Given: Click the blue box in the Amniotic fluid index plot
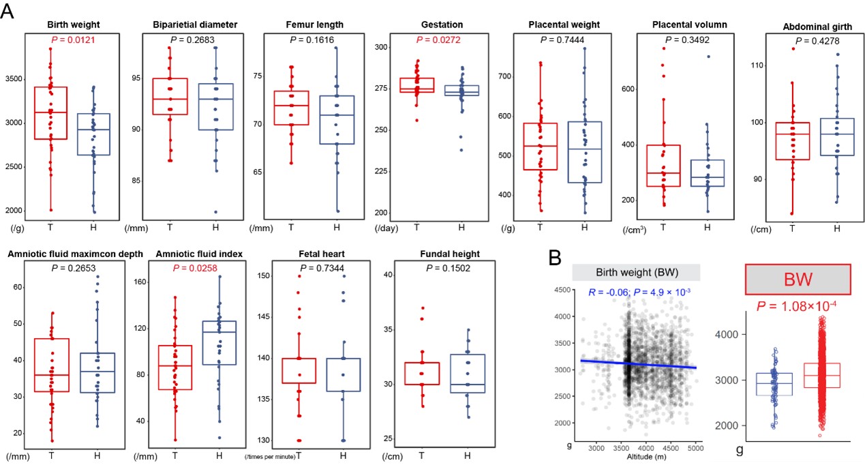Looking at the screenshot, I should coord(219,342).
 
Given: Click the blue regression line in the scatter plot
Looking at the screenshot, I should coord(638,364).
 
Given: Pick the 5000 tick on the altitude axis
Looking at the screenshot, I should coord(695,447).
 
